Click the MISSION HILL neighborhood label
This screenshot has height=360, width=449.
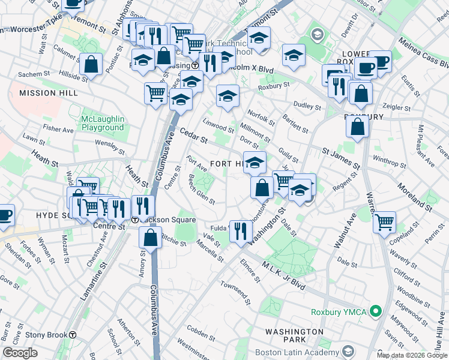pyautogui.click(x=40, y=93)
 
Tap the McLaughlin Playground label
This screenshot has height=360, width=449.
pyautogui.click(x=103, y=123)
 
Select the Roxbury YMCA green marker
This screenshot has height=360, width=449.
pyautogui.click(x=376, y=311)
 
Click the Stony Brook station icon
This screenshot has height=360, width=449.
pyautogui.click(x=73, y=335)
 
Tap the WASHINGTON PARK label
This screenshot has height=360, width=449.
pyautogui.click(x=294, y=337)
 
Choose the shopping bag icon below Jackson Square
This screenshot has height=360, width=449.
pyautogui.click(x=151, y=238)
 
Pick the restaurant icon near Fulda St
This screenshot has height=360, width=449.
pyautogui.click(x=240, y=230)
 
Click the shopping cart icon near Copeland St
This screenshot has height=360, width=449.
pyautogui.click(x=384, y=222)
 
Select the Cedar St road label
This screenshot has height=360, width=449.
pyautogui.click(x=193, y=136)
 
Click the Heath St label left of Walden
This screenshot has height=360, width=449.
pyautogui.click(x=45, y=161)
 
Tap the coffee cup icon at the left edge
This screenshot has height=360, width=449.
pyautogui.click(x=5, y=214)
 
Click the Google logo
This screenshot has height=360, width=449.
pyautogui.click(x=20, y=353)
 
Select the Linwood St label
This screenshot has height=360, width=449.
pyautogui.click(x=218, y=128)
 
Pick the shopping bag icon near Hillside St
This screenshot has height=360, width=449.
pyautogui.click(x=90, y=65)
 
